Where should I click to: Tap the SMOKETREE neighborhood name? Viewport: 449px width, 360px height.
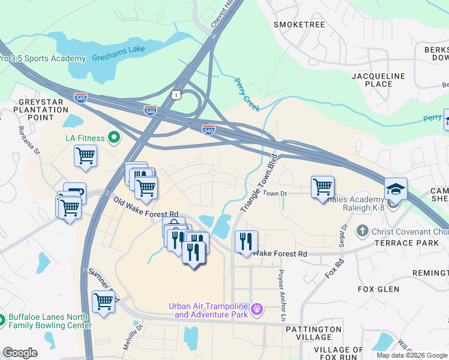point(299,25)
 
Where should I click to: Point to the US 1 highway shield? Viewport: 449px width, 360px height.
point(175,95)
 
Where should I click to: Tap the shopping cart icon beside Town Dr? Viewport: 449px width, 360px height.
point(322,187)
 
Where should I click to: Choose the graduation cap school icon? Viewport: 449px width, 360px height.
point(396,189)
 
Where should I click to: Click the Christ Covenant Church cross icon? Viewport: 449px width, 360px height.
point(361,231)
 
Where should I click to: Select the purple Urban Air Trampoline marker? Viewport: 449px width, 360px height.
point(257,310)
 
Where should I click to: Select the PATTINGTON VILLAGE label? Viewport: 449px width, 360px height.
point(313,333)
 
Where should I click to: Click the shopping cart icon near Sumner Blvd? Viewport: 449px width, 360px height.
point(103,302)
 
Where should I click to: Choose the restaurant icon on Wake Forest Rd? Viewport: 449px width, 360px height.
point(246,241)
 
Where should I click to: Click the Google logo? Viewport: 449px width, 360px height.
point(20,353)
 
